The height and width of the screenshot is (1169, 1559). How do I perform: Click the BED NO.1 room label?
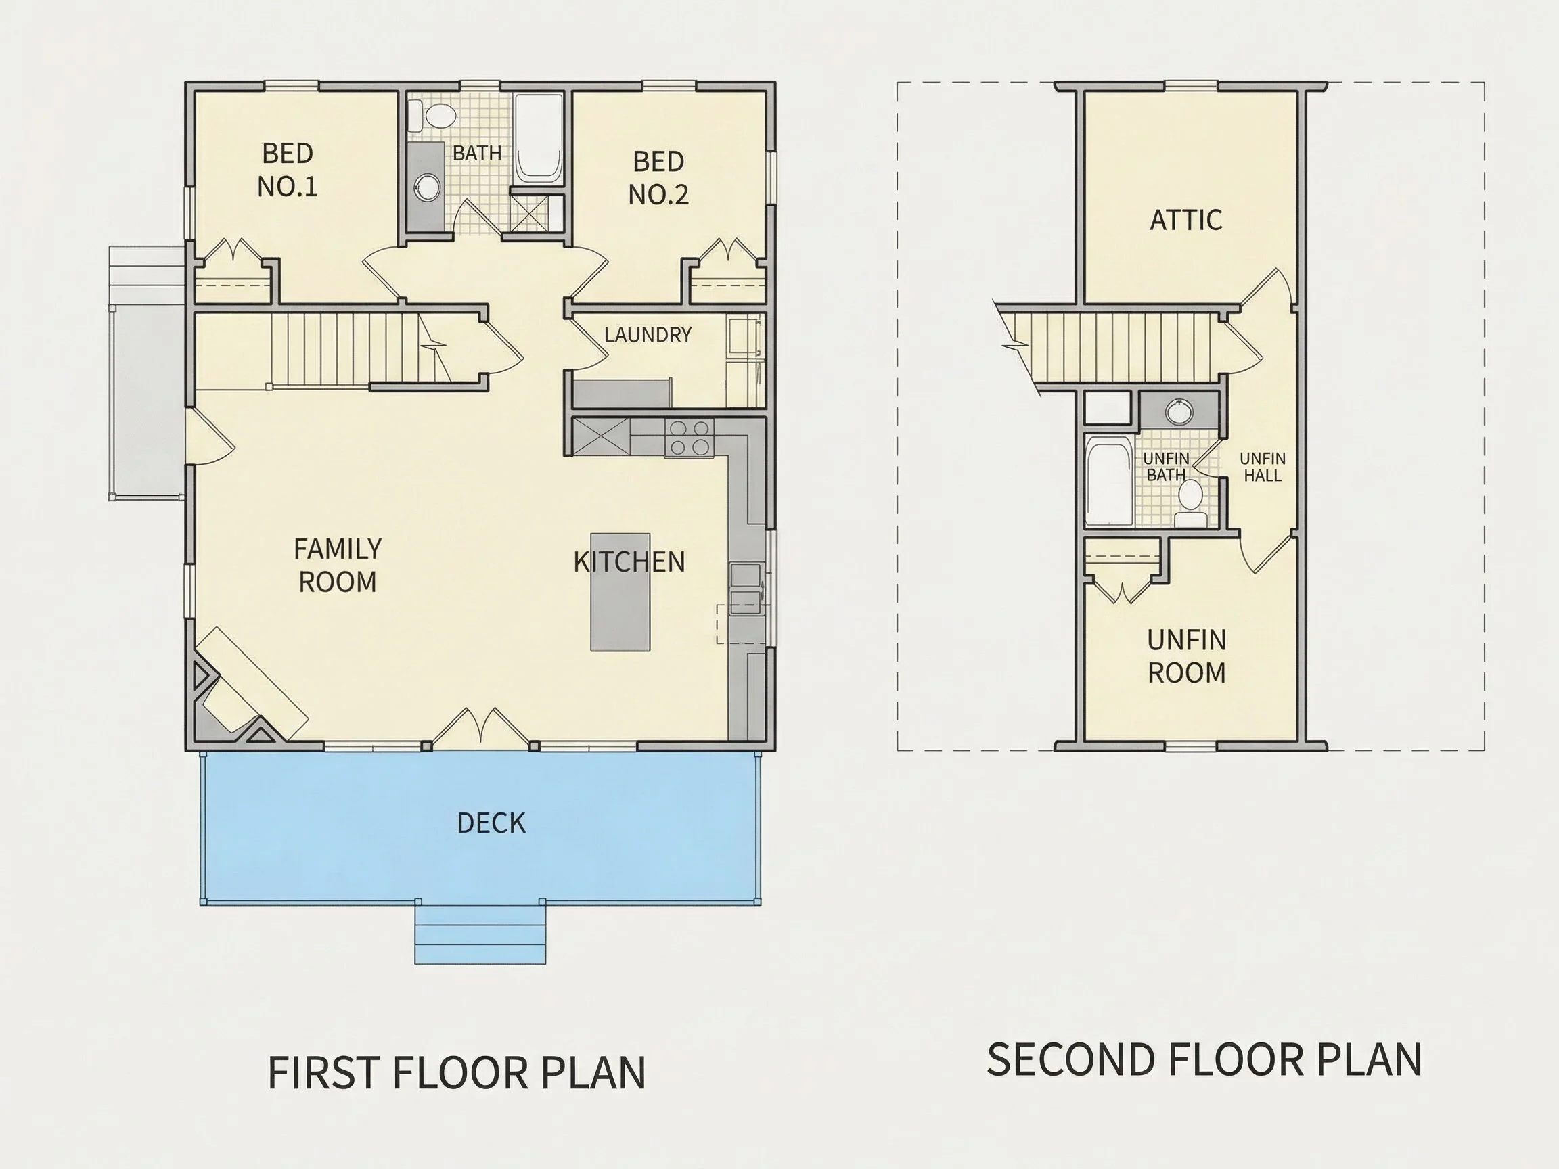coord(287,170)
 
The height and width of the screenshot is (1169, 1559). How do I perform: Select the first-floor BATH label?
coord(477,153)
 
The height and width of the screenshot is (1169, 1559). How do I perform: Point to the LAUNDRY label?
coord(648,335)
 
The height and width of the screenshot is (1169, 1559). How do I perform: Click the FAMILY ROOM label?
coord(338,565)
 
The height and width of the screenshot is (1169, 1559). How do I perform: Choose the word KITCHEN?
coord(629,562)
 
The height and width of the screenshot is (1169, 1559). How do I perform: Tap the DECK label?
coord(491,823)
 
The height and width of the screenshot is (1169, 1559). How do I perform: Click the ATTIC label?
coord(1186,220)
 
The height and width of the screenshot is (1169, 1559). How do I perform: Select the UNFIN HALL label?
coord(1262,467)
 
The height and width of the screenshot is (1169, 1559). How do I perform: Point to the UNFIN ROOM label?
coord(1187,656)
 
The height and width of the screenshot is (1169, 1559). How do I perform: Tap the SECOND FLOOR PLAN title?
coord(1204,1059)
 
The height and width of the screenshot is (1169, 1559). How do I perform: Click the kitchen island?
coord(620,592)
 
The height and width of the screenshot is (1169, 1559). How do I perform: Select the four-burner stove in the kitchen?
coord(690,438)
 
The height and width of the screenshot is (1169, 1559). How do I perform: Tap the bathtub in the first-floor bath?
coord(539,139)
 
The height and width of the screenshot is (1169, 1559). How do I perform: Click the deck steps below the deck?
coord(480,934)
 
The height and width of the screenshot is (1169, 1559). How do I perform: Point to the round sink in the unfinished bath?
coord(1179,411)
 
